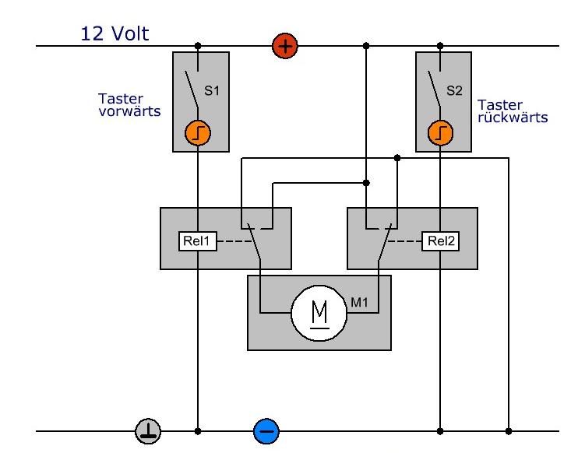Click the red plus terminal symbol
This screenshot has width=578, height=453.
coord(285,47)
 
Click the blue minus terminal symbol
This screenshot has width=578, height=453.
coord(266,430)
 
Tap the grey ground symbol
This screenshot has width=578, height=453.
coord(149,430)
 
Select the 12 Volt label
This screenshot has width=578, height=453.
coord(115,33)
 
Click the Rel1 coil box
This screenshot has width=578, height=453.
coord(196,241)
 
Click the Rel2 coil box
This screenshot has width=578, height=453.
coord(441,241)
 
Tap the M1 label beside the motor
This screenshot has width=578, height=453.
coord(360,301)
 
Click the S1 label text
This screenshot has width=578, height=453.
coord(212,91)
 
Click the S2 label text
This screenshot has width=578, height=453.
coord(453,91)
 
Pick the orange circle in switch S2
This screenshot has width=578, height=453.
coord(441,134)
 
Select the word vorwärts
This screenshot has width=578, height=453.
coord(130,111)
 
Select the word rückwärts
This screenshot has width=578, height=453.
coord(513,118)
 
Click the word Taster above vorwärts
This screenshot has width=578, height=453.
coord(119,99)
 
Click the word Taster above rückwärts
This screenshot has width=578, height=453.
coord(500,105)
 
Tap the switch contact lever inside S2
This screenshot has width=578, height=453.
coord(434,88)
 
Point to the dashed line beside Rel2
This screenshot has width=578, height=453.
coord(406,241)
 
